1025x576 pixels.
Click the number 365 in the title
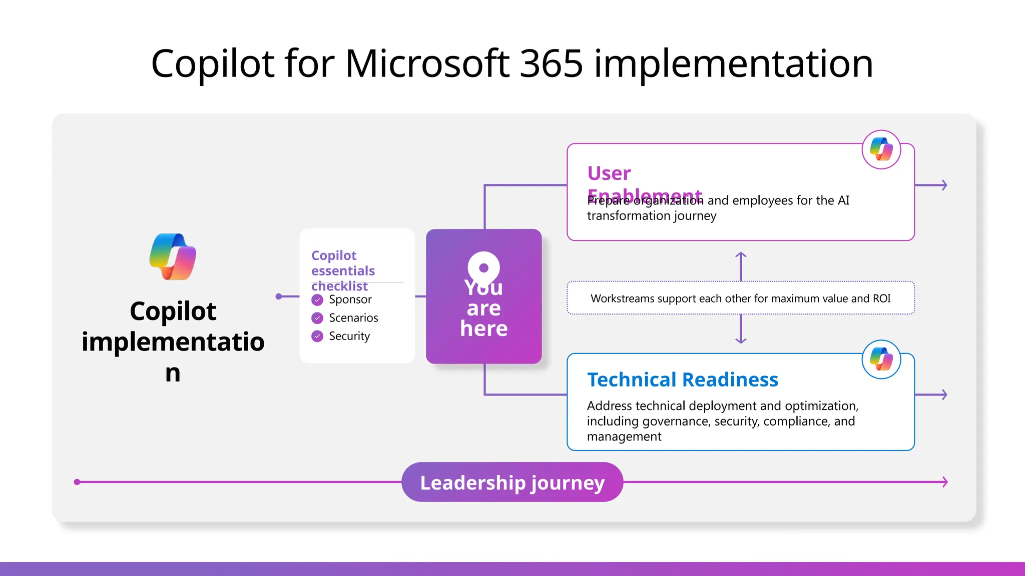[551, 63]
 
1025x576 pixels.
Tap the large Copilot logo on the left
[173, 256]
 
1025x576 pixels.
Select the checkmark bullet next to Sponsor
[317, 300]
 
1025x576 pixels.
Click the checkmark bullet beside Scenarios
[317, 318]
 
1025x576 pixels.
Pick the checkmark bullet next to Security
[317, 336]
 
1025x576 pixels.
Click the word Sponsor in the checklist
[350, 299]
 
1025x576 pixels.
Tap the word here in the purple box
[483, 329]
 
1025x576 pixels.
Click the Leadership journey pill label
[512, 482]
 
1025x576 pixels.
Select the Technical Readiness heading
[682, 380]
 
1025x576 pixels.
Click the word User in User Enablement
[609, 173]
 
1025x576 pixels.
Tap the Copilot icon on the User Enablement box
[881, 149]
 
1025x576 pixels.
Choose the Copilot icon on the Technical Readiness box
[881, 359]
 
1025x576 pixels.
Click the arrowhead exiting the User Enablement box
[944, 185]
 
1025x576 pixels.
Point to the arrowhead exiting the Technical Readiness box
[944, 394]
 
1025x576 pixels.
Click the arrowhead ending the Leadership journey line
[945, 482]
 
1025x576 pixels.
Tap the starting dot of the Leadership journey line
[77, 482]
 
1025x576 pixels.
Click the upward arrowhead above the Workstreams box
[741, 255]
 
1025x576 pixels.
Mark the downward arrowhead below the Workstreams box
[741, 340]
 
